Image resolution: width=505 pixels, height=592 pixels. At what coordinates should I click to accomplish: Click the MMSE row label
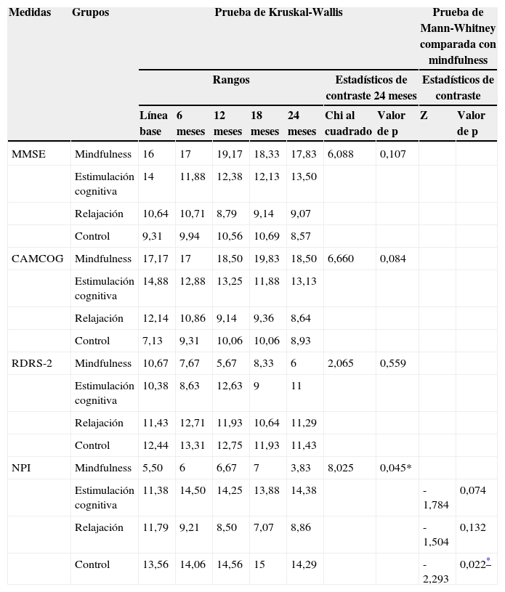click(x=26, y=154)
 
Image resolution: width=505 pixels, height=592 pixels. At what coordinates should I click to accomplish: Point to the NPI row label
click(x=22, y=468)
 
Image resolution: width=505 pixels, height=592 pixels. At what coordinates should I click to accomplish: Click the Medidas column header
click(x=30, y=13)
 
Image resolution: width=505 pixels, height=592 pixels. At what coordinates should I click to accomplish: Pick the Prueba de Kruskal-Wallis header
click(x=278, y=13)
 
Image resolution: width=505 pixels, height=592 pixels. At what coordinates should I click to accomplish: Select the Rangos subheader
click(x=231, y=80)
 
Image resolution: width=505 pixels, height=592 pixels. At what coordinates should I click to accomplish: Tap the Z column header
click(x=424, y=115)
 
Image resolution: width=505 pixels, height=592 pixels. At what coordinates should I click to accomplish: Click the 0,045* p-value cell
click(x=395, y=468)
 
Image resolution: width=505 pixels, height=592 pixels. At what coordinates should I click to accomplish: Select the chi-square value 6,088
click(x=341, y=154)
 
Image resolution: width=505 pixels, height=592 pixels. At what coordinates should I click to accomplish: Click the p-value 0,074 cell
click(x=472, y=490)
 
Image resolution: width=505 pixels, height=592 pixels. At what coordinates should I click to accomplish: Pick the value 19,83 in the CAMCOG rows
click(x=264, y=259)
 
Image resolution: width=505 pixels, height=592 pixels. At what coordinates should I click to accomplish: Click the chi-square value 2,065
click(x=341, y=363)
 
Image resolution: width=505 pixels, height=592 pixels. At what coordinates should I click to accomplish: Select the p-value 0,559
click(x=393, y=363)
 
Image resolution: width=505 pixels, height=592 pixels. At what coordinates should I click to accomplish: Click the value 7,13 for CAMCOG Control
click(x=153, y=341)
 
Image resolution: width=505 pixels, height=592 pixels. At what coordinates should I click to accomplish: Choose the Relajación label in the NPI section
click(x=99, y=527)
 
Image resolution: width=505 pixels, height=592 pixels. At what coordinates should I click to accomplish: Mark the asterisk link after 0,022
click(x=488, y=562)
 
